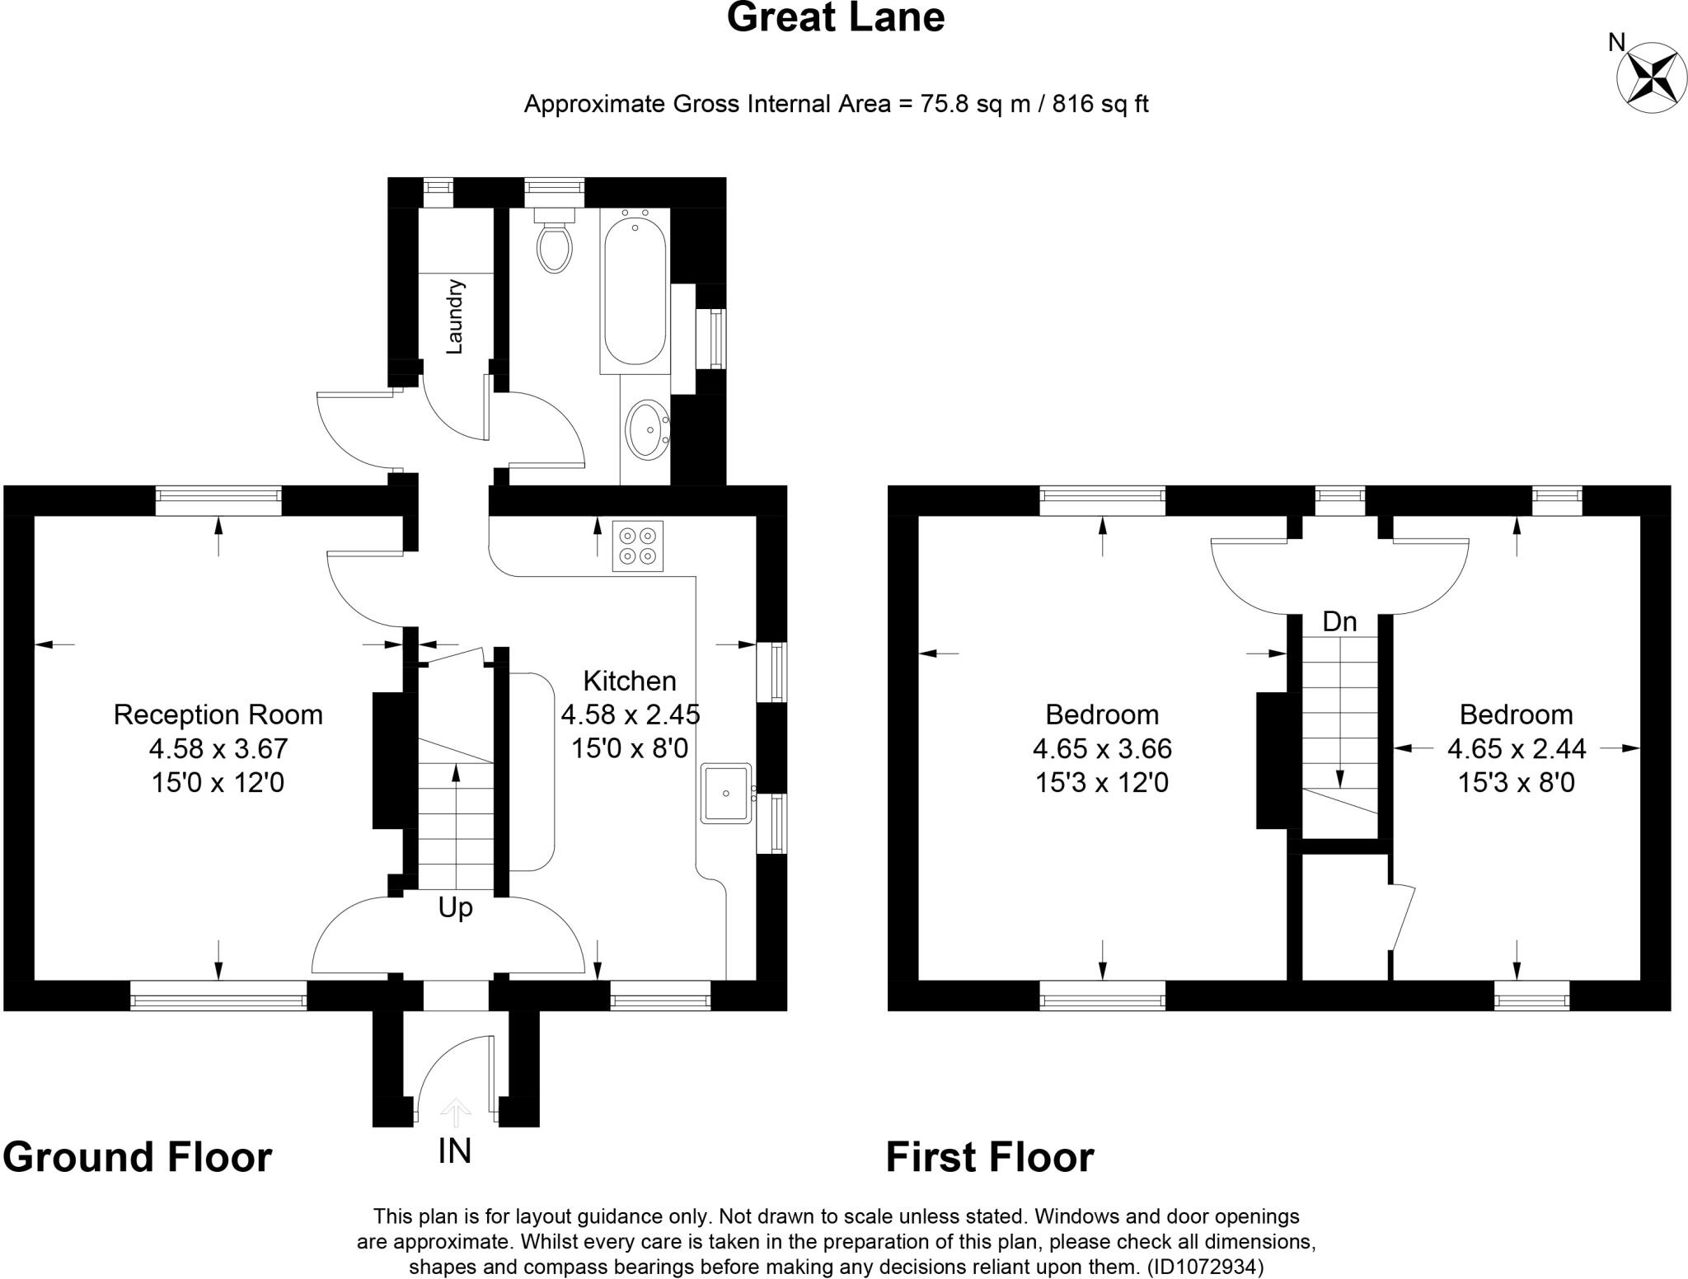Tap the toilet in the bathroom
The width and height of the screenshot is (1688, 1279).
554,244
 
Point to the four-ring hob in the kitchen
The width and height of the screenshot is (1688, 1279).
637,546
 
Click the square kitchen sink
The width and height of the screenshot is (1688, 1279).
726,794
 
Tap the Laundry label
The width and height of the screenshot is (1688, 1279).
455,316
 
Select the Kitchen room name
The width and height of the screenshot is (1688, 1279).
630,681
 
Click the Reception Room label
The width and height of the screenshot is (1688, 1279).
218,714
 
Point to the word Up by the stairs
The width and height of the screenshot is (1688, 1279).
455,907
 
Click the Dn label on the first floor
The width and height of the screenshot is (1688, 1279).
1339,621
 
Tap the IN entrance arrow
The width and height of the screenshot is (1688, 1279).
454,1113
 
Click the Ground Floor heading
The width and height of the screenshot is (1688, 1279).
138,1157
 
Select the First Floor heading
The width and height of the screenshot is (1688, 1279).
989,1157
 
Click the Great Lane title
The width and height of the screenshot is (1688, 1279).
835,18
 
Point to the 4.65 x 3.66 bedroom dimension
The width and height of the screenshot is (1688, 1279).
1102,748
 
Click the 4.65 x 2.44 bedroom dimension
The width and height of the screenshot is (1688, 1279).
1517,748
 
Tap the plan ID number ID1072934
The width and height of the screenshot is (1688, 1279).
1205,1266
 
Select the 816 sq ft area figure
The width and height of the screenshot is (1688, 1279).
1100,105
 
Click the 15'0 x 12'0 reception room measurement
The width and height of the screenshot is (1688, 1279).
218,782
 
